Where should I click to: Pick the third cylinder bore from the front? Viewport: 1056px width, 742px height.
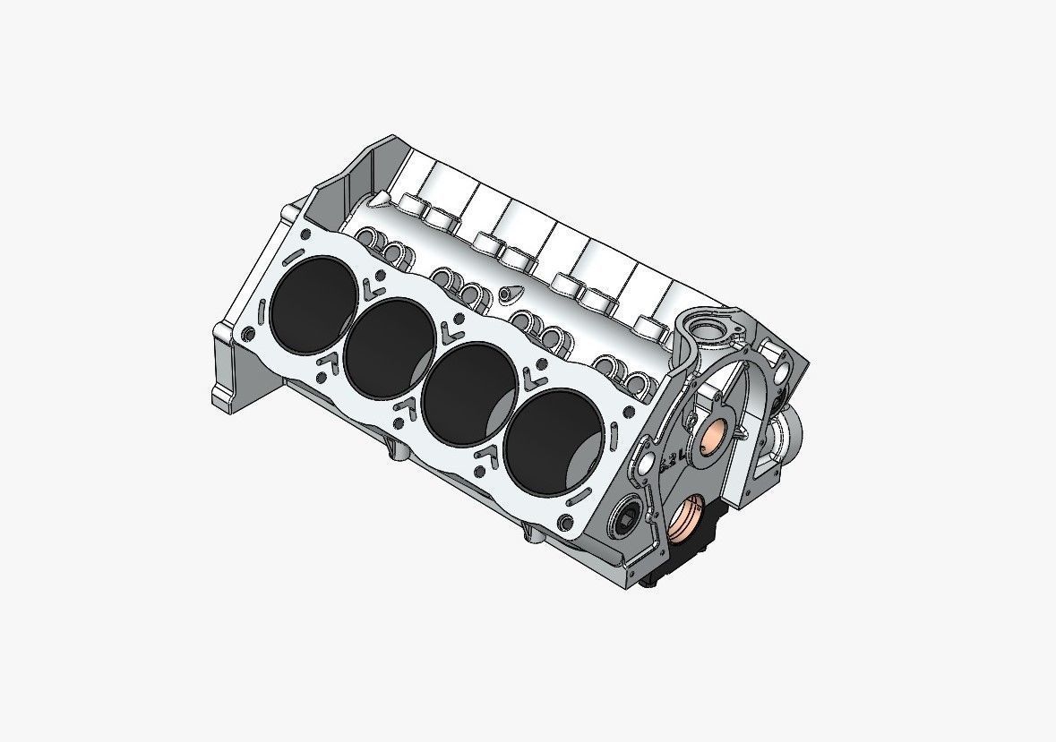point(394,346)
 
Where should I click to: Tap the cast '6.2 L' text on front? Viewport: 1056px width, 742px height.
point(672,460)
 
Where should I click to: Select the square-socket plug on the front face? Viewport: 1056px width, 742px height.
point(627,516)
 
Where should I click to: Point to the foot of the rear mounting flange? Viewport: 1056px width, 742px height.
point(224,394)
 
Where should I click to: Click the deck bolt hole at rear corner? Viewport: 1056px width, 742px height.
point(245,335)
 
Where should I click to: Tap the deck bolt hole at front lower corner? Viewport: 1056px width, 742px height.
point(562,523)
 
